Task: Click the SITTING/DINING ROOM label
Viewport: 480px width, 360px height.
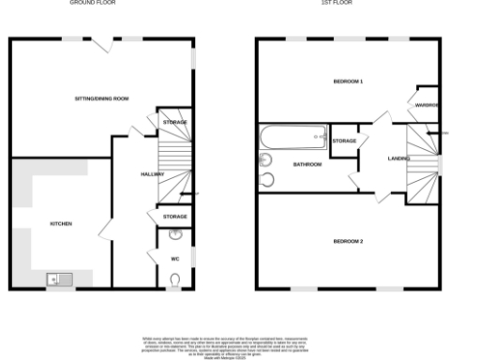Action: click(101, 98)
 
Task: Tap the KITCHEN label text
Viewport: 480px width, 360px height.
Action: click(61, 223)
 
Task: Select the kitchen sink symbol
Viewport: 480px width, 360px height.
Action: click(56, 278)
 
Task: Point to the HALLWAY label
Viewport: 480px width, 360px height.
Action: click(153, 174)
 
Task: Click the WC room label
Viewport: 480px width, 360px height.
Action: click(174, 259)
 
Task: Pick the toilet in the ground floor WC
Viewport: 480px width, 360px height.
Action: click(176, 277)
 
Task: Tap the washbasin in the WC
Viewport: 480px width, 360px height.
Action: click(175, 235)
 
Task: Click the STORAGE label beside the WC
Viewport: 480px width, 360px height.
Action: click(175, 217)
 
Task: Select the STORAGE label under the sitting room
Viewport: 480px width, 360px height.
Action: click(175, 123)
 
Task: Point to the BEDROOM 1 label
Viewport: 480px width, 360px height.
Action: click(348, 82)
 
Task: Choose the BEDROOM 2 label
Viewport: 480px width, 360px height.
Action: click(348, 242)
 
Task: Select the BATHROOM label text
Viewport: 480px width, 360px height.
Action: click(307, 165)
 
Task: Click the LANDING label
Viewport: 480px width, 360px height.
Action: click(399, 158)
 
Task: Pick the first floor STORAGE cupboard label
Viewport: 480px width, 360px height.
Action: click(345, 141)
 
